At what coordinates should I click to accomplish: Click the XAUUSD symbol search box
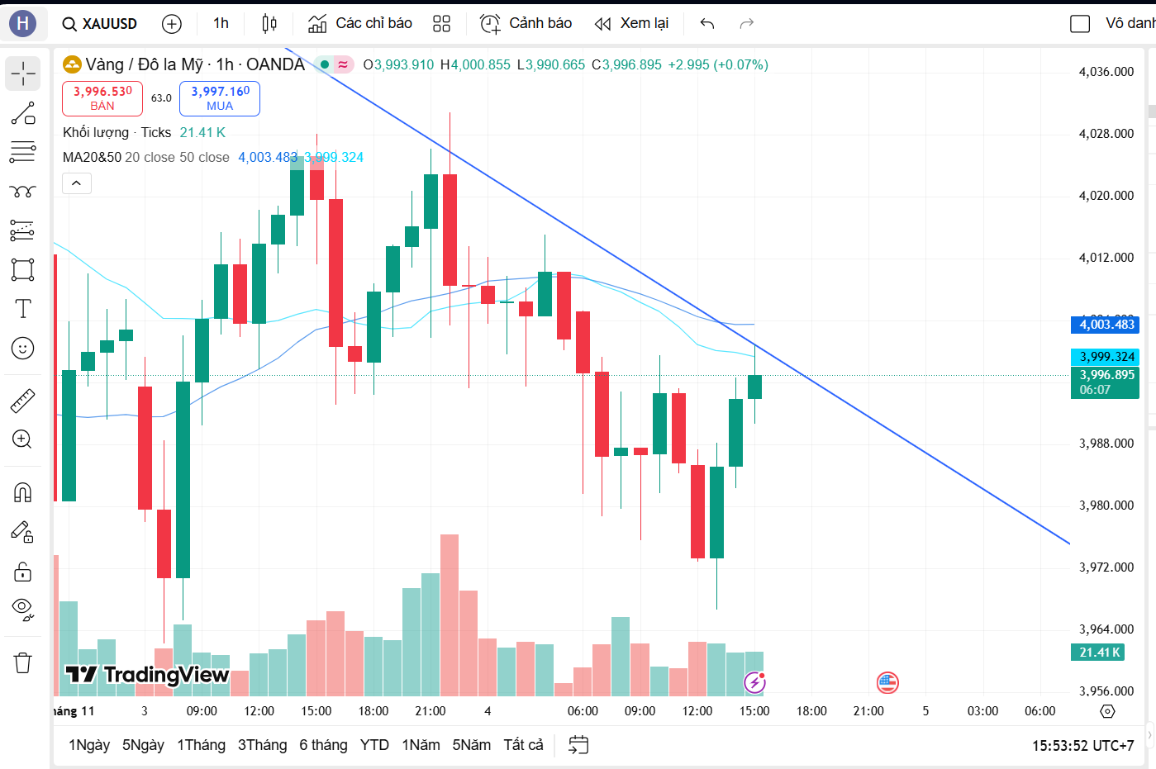100,24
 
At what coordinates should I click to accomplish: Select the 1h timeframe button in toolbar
221,23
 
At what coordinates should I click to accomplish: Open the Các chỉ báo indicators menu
360,23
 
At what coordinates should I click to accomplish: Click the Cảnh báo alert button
526,23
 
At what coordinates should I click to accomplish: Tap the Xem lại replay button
632,23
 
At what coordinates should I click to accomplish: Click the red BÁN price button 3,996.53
102,98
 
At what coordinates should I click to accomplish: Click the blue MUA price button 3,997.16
220,98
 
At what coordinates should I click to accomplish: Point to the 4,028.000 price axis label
1106,134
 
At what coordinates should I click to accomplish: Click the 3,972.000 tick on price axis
1106,567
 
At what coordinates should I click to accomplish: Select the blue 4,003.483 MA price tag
1106,325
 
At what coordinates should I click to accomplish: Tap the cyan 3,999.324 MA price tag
1106,357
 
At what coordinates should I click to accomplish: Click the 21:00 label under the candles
430,711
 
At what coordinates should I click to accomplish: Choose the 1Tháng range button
201,745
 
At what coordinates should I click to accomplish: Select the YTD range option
374,745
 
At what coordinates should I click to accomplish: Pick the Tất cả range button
523,745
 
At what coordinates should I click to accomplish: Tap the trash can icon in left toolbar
23,662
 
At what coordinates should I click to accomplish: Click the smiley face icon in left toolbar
23,349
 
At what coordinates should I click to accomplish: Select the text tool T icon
23,309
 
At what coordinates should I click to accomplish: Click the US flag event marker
887,682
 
